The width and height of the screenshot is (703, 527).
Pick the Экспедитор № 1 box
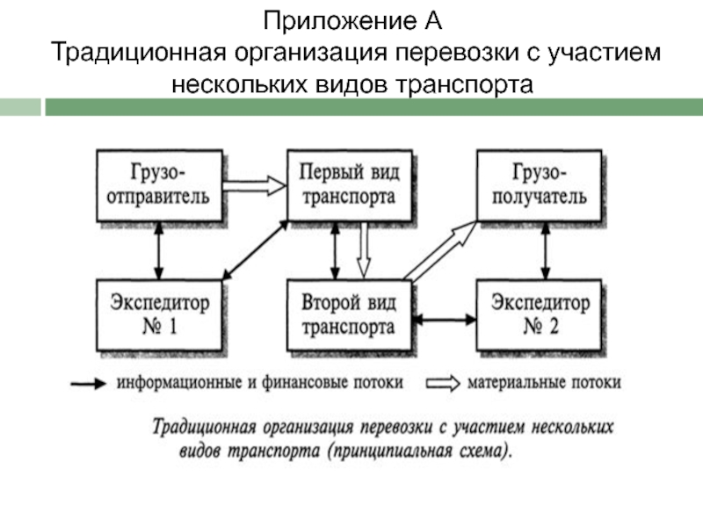click(158, 315)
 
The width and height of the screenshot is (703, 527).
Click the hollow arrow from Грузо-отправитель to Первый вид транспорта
click(254, 184)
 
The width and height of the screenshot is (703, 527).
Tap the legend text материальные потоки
click(544, 383)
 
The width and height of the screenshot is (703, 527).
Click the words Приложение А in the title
click(352, 20)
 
